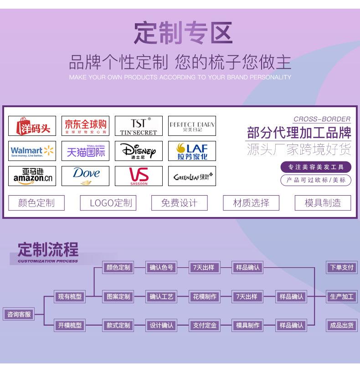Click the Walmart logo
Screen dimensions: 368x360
coord(32,151)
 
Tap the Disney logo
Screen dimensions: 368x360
coord(139,151)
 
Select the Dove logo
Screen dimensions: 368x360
coord(86,176)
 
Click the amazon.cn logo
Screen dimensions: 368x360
coord(32,176)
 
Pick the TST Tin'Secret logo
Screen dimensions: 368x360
coord(139,126)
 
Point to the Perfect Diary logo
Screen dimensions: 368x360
coord(192,126)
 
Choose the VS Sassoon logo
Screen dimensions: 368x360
coord(139,176)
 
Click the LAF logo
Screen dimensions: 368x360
coord(192,151)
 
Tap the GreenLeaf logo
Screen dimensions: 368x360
coord(192,176)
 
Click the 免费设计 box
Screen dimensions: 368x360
coord(179,203)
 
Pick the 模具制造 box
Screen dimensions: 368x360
coord(323,203)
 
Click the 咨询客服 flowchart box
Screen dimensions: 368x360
coord(19,314)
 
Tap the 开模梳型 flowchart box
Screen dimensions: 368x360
coord(70,326)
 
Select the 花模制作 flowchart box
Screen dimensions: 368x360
coord(204,296)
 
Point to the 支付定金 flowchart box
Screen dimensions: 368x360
coord(204,326)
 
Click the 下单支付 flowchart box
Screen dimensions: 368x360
coord(342,268)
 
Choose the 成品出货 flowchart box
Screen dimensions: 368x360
coord(342,326)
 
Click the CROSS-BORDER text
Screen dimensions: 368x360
coord(322,119)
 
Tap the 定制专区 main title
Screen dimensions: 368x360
coord(183,33)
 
